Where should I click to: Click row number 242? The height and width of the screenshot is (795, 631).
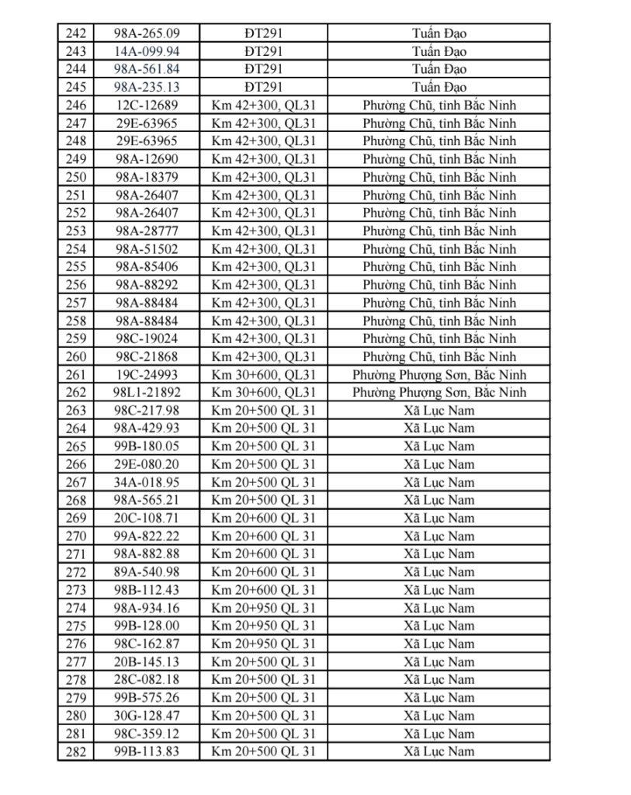click(76, 33)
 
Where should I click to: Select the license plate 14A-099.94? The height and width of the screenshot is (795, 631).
click(147, 51)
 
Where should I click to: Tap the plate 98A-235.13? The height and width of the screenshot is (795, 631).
click(147, 87)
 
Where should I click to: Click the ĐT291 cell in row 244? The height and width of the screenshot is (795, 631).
click(264, 69)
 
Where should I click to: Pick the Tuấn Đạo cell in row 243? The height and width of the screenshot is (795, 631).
click(439, 51)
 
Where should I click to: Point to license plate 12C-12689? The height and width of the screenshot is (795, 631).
click(147, 105)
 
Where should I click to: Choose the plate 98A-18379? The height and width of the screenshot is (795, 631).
click(147, 177)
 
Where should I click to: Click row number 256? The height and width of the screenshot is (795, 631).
click(76, 285)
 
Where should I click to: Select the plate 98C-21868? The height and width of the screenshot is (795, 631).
click(147, 356)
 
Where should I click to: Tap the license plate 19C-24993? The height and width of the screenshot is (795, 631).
click(147, 374)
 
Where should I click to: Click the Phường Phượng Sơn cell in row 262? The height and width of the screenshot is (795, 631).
click(439, 392)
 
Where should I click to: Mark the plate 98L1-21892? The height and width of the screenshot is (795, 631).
click(147, 392)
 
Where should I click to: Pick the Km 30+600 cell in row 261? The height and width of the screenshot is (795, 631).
click(264, 374)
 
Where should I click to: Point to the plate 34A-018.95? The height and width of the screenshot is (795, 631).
click(147, 482)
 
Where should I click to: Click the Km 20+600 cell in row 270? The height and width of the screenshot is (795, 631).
click(264, 536)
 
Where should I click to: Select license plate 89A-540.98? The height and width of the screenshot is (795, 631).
click(147, 571)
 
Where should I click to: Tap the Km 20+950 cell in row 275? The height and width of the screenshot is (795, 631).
click(264, 626)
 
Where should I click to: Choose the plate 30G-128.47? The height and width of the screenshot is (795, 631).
click(147, 715)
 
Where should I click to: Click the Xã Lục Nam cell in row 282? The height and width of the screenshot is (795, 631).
click(439, 751)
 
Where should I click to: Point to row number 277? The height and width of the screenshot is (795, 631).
click(76, 661)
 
